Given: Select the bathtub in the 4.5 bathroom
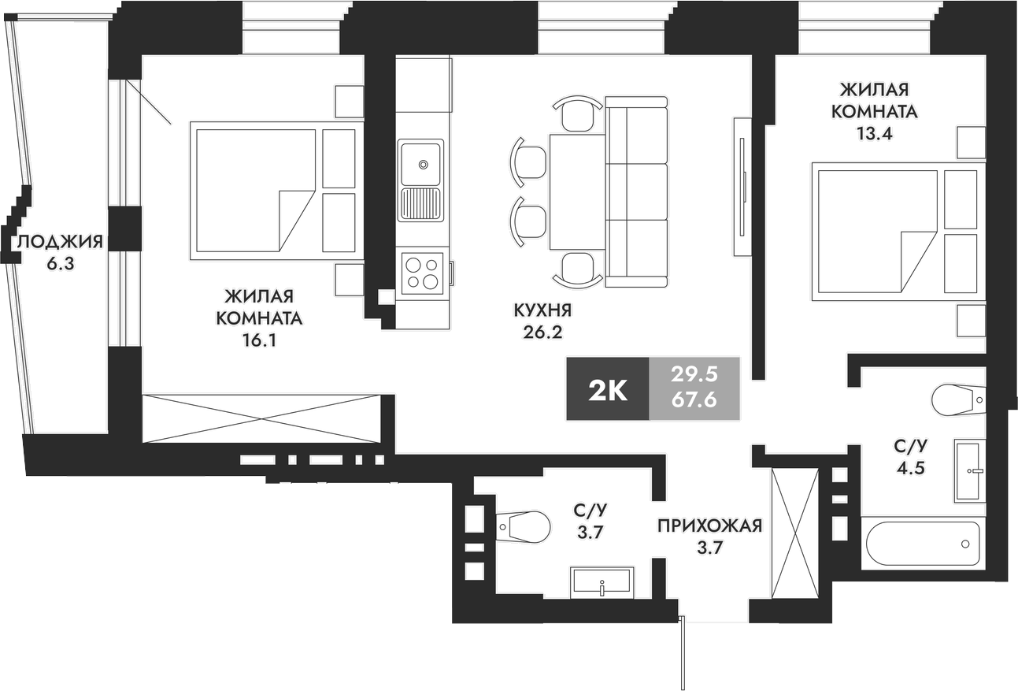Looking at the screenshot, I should click(x=922, y=544).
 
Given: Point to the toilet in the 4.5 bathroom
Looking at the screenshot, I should click(x=957, y=399).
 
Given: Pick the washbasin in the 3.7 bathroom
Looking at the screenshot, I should click(x=602, y=582).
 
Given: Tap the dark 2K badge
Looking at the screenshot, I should click(x=607, y=388).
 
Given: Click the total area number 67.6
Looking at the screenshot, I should click(x=693, y=400).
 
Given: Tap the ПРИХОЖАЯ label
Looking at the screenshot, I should click(x=710, y=526).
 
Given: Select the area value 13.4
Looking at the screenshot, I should click(x=874, y=132).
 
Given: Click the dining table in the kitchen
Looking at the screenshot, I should click(x=577, y=191).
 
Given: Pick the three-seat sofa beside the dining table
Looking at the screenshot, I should click(x=636, y=191).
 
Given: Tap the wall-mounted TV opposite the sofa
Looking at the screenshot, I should click(x=742, y=187).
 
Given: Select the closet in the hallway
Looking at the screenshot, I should click(x=795, y=533).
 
